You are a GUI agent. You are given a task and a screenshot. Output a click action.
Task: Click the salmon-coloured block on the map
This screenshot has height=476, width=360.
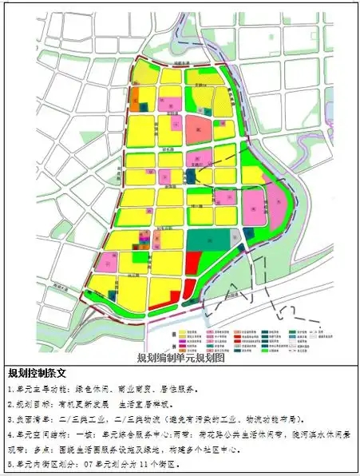click(200, 129)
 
